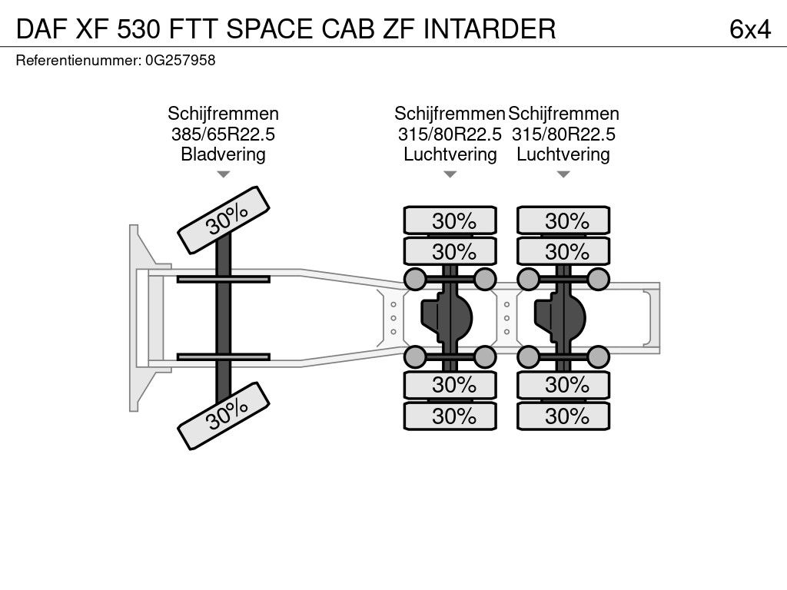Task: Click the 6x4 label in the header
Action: point(749,29)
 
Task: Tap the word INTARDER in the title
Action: point(490,29)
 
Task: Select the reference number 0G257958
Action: point(180,61)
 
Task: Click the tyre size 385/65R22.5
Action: point(223,134)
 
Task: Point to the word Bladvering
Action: point(223,154)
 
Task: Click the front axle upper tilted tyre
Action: point(224,219)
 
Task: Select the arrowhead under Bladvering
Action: point(223,174)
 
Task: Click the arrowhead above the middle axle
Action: point(450,174)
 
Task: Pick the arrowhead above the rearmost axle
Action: point(563,174)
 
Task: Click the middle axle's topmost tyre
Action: point(450,220)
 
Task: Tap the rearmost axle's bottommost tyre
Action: point(563,416)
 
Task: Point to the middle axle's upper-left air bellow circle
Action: point(415,278)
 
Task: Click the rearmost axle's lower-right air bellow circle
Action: point(597,356)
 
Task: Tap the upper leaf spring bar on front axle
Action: point(223,278)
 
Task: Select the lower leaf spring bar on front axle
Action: point(223,356)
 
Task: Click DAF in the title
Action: point(42,29)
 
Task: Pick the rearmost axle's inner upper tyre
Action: point(563,251)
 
